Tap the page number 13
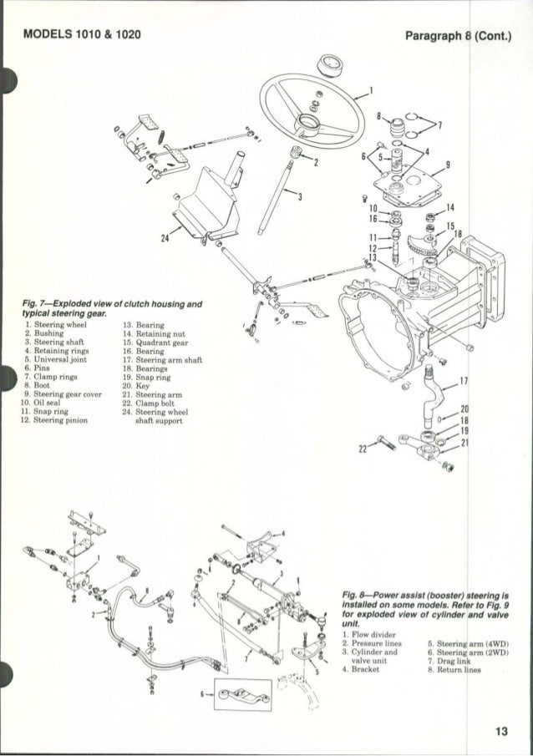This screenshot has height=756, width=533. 500,733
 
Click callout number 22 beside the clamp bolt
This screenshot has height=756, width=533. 363,447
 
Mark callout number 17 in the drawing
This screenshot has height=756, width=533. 464,380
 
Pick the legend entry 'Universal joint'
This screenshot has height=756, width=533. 58,358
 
